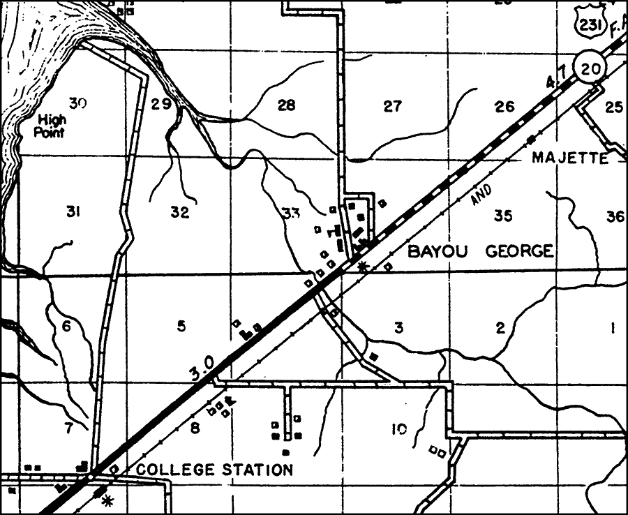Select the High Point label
click(51, 126)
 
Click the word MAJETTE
click(569, 158)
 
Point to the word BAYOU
click(432, 251)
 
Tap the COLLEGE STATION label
click(214, 470)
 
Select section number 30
click(77, 105)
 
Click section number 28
click(286, 105)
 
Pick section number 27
click(393, 106)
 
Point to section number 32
click(179, 213)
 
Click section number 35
click(503, 215)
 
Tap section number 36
click(615, 216)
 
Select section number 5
click(181, 325)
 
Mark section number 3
click(398, 327)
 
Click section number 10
click(398, 429)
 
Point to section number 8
click(195, 428)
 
